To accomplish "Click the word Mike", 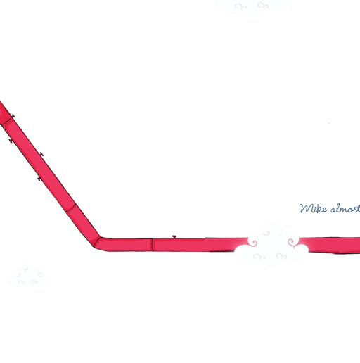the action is (313, 208).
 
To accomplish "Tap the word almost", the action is (345, 208).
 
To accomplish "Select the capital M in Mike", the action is (306, 208).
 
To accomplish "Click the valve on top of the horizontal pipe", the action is (174, 236).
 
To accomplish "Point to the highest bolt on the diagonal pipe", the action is (13, 116).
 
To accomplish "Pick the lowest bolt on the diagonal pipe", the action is (39, 179).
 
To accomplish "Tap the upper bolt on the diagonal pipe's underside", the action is (11, 141).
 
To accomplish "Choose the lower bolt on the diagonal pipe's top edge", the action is (41, 154).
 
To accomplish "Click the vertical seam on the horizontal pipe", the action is (152, 245).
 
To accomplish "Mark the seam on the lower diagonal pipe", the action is (70, 208).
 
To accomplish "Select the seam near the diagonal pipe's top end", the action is (6, 120).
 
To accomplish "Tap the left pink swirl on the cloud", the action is (252, 243).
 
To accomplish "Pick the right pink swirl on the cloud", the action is (292, 243).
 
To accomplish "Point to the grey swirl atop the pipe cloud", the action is (266, 233).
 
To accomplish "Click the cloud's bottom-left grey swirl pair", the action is (259, 257).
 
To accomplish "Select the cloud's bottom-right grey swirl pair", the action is (281, 256).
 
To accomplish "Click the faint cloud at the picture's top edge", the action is (253, 6).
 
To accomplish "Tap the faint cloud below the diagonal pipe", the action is (29, 276).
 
